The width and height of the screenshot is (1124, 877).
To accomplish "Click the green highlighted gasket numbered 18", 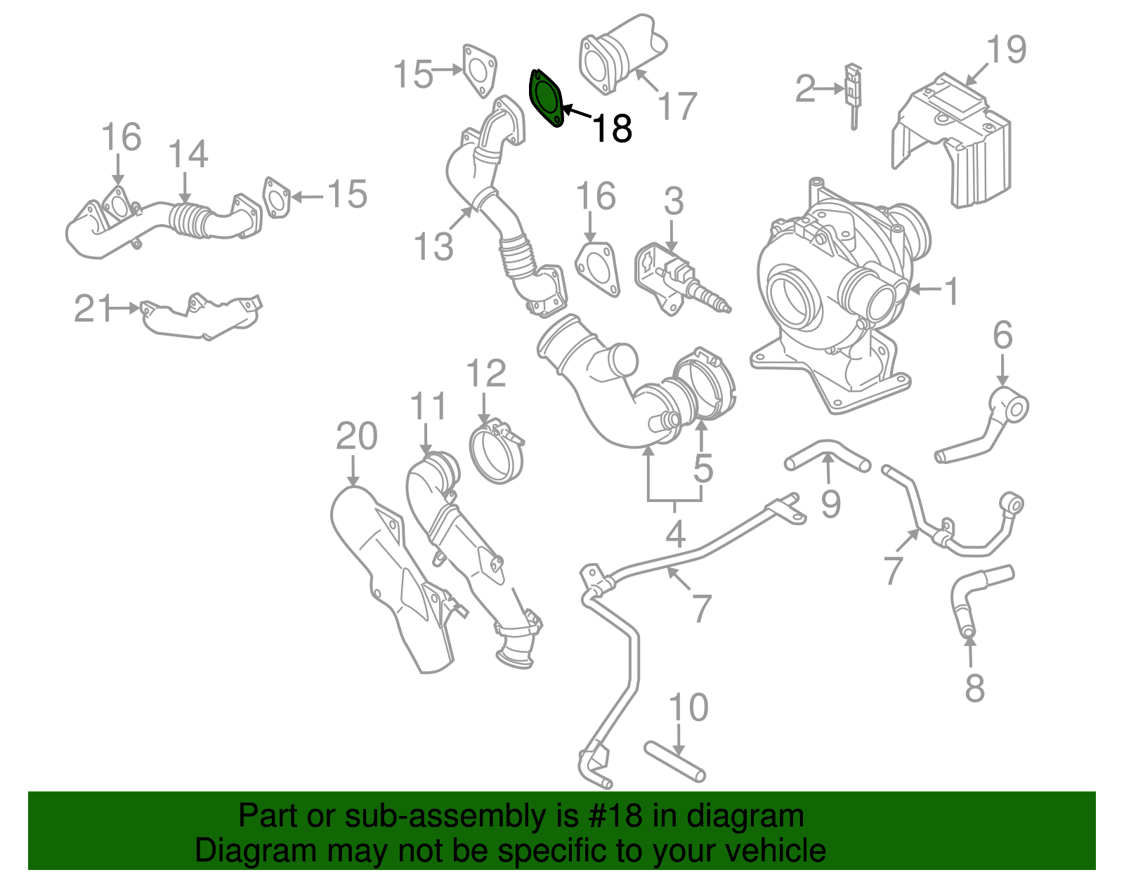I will point(546,99).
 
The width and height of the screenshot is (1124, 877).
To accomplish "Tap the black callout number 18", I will point(613,128).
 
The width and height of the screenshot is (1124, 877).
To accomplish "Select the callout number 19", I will point(1006,50).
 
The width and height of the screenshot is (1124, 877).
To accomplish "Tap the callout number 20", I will point(357,437).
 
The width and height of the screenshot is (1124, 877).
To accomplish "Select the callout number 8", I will point(974,689).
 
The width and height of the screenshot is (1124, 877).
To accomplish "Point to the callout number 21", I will point(93,309).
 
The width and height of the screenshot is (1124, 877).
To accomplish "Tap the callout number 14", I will point(188,155).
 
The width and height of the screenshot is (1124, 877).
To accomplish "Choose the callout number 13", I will point(433,246).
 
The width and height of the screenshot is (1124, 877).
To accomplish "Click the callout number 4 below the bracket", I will point(674,535).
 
